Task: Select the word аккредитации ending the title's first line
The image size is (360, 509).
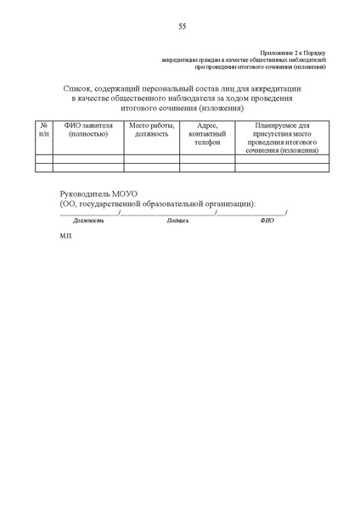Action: point(277,88)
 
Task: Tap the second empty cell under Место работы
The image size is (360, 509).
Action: point(151,167)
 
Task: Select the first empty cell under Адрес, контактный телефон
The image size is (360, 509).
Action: point(207,159)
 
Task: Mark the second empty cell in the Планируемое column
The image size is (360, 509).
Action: point(280,167)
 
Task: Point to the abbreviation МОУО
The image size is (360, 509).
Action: point(132,194)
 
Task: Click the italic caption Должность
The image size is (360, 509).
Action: point(88,220)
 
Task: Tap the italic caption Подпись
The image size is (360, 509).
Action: point(178,220)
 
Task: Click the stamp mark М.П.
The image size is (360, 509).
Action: point(67,238)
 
